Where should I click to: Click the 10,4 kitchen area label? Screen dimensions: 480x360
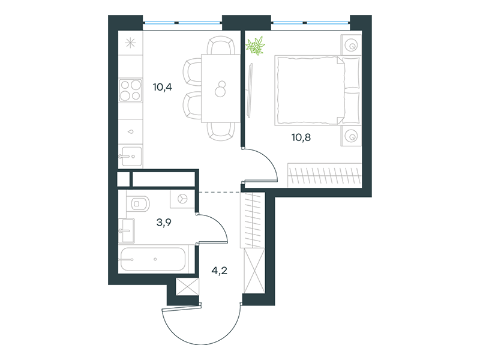click(x=162, y=87)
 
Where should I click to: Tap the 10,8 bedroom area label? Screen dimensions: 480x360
click(x=301, y=137)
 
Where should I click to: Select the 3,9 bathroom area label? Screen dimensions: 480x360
click(x=164, y=222)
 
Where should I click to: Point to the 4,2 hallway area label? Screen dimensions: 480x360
click(x=220, y=271)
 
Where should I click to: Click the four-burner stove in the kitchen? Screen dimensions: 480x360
click(x=131, y=91)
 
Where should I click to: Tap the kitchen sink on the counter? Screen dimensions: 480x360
click(x=130, y=157)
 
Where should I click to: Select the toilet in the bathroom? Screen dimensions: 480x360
click(x=138, y=203)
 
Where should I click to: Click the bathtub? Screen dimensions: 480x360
click(x=152, y=259)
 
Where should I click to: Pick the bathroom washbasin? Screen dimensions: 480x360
click(x=127, y=230)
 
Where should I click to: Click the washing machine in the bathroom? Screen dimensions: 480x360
click(x=182, y=199)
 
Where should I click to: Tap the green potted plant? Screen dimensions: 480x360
click(x=255, y=46)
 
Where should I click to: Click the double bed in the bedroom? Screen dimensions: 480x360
click(x=317, y=91)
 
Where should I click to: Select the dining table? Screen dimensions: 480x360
click(x=220, y=88)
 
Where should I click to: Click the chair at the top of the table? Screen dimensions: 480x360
click(x=221, y=45)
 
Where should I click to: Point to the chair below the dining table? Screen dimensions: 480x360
click(x=221, y=131)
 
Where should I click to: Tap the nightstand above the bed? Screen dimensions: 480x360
click(x=351, y=46)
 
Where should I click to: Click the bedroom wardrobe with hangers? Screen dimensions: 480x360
click(x=325, y=175)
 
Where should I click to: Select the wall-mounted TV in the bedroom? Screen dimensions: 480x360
click(x=250, y=90)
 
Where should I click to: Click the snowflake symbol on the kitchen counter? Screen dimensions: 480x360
click(x=130, y=43)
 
